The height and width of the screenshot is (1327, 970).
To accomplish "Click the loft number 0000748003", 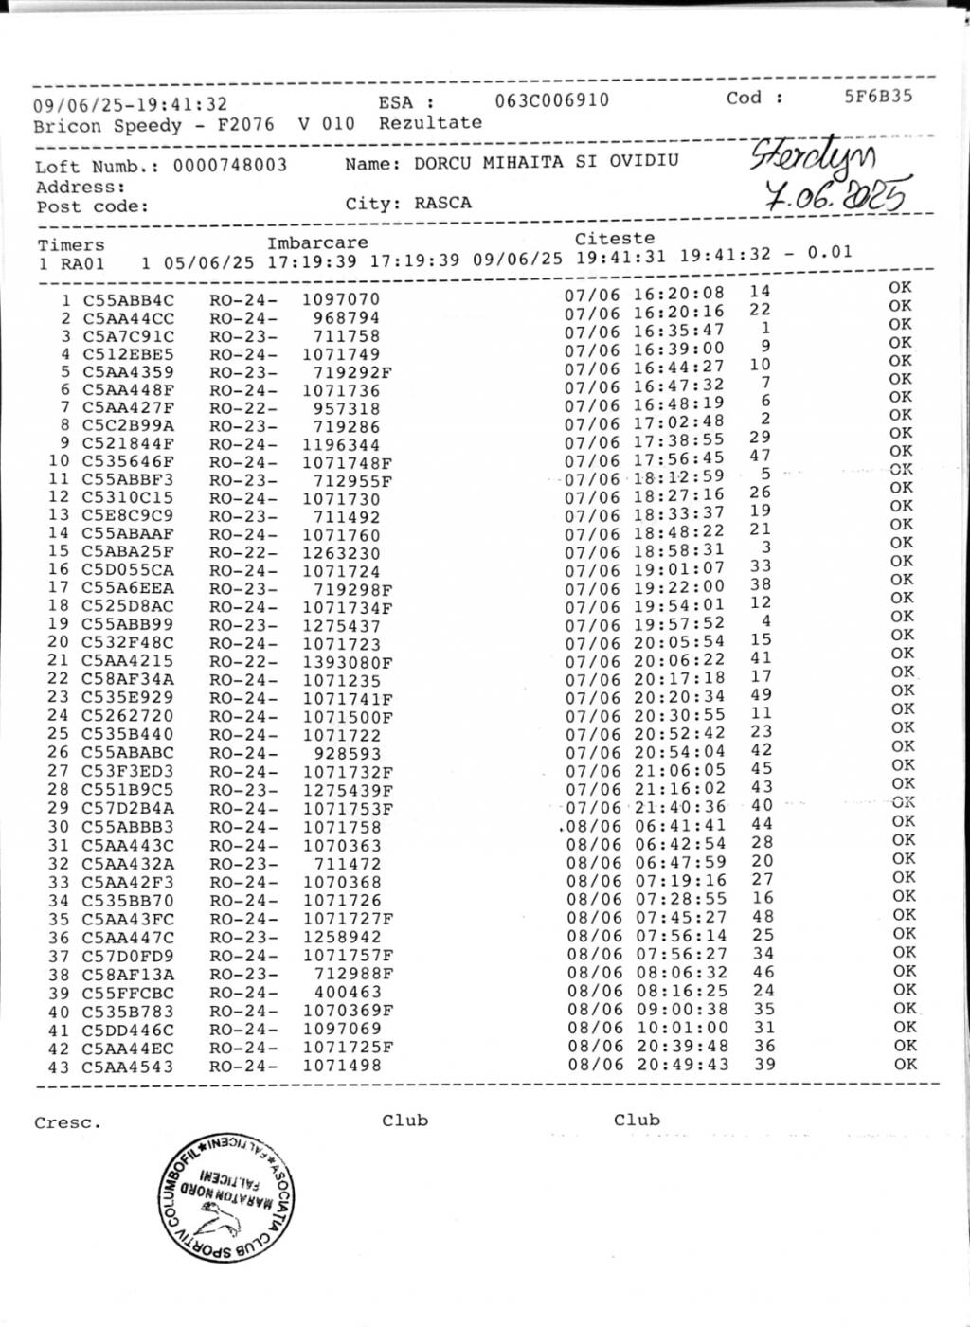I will [229, 166].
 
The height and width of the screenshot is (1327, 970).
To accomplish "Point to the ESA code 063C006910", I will [552, 100].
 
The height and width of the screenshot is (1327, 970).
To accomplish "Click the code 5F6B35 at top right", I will [878, 96].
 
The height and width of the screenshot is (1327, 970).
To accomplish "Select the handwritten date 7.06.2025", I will [835, 195].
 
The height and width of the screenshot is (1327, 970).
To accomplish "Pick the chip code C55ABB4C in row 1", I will [128, 300].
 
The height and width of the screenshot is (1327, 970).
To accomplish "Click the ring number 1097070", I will [341, 299].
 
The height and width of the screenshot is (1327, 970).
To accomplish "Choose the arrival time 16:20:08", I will [678, 294].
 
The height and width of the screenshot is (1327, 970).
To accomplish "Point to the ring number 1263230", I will [341, 554].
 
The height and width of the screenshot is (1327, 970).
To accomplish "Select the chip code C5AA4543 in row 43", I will [127, 1067].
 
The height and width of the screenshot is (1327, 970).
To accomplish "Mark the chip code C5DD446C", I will [127, 1030].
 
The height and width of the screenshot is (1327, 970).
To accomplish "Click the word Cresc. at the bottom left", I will [67, 1123].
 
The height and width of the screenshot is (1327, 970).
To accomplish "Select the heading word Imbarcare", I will [317, 242].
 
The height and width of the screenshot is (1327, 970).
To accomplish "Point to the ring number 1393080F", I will [347, 663].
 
